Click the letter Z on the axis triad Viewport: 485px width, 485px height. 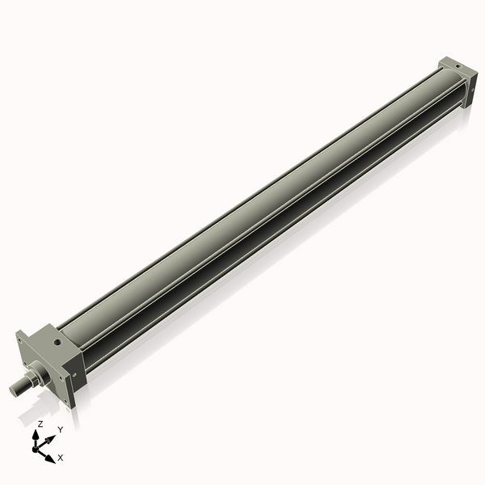tap(40, 424)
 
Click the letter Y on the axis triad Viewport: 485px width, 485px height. tap(60, 429)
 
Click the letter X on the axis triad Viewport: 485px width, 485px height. tap(61, 458)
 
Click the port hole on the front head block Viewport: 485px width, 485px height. tap(57, 343)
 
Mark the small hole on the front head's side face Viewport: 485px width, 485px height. tap(75, 374)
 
